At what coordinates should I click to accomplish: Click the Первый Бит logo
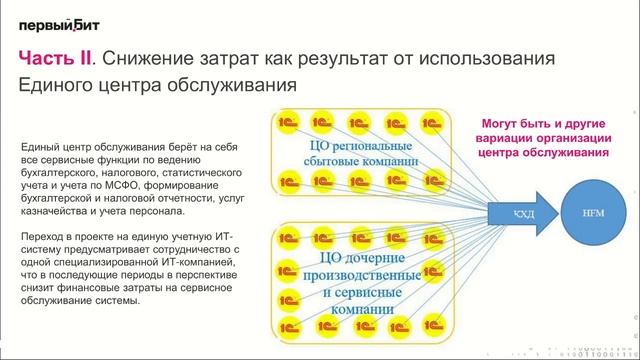point(58,24)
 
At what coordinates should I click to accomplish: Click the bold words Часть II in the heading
point(59,60)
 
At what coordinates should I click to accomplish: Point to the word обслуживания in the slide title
point(228,86)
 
